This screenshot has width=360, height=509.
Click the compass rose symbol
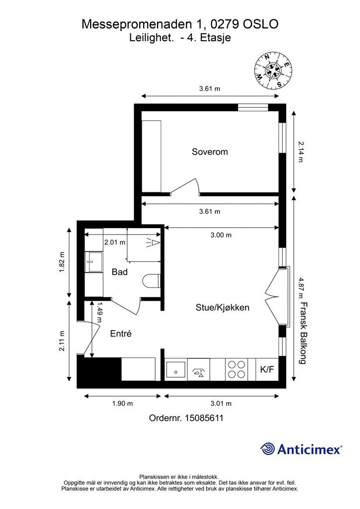pyautogui.click(x=273, y=71)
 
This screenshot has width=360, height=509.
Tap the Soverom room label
pyautogui.click(x=210, y=152)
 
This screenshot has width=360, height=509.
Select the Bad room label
pyautogui.click(x=119, y=272)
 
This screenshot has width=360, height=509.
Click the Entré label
pyautogui.click(x=121, y=334)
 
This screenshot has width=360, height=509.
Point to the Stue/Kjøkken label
pyautogui.click(x=222, y=307)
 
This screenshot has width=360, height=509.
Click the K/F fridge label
pyautogui.click(x=267, y=369)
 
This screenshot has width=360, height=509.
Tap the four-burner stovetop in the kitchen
pyautogui.click(x=236, y=369)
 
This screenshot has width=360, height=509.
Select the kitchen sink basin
pyautogui.click(x=176, y=370)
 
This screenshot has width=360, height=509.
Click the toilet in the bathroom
pyautogui.click(x=151, y=281)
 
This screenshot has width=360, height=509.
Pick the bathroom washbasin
pyautogui.click(x=93, y=261)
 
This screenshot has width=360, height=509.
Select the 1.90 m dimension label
pyautogui.click(x=122, y=404)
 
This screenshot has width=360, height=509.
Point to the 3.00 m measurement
pyautogui.click(x=221, y=235)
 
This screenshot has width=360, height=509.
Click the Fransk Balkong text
pyautogui.click(x=303, y=333)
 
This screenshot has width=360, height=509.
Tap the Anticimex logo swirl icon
pyautogui.click(x=267, y=449)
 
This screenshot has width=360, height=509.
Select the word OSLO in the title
pyautogui.click(x=261, y=24)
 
